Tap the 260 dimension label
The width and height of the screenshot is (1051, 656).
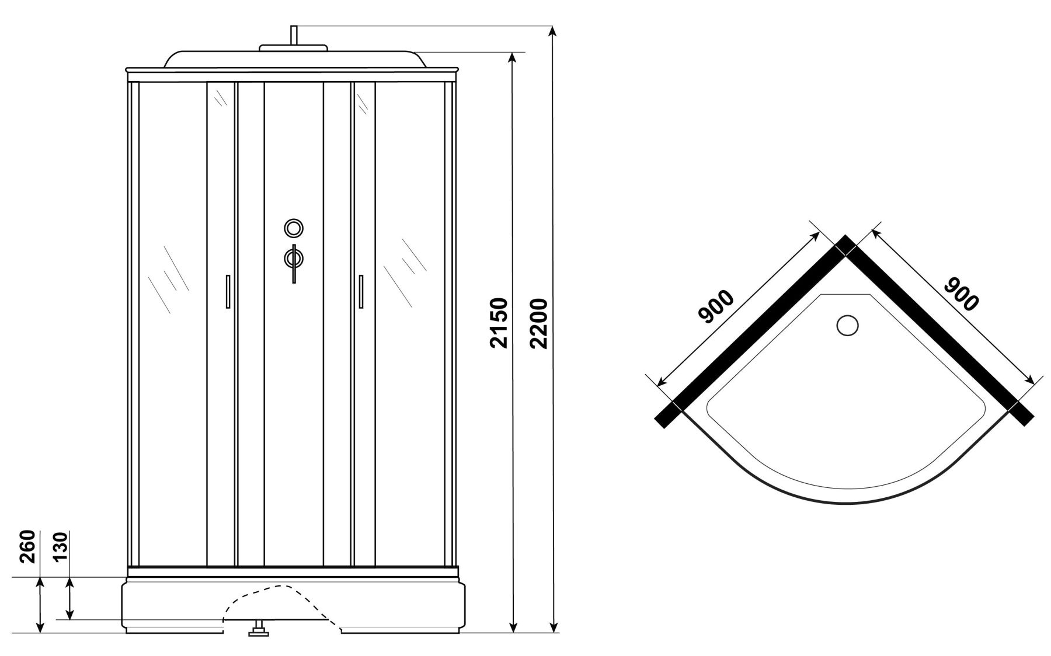(x=29, y=546)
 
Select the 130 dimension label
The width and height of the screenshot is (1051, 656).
(x=61, y=546)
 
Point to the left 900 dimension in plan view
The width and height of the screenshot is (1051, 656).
(x=716, y=306)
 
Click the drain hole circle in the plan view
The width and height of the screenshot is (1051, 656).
(x=847, y=326)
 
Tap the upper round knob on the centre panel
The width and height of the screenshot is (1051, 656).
(x=294, y=228)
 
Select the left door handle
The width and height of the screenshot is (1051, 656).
(x=228, y=291)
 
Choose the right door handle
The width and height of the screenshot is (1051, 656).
(x=361, y=291)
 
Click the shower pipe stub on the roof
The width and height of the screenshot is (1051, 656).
(x=294, y=35)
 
